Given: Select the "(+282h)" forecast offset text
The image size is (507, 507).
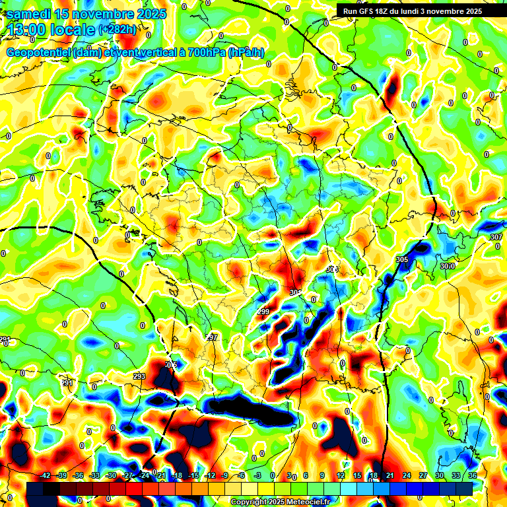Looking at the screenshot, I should coord(118,29).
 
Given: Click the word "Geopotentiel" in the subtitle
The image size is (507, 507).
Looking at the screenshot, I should coord(39,53).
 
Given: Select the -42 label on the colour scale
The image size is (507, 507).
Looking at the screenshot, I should coord(45,476).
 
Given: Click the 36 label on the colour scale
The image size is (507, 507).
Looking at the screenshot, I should coord(472,476).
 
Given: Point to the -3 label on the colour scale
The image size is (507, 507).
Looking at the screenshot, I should coord(257,476).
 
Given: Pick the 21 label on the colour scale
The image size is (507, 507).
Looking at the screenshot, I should coord(390,476).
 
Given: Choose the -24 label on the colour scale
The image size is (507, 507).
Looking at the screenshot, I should coord(145,476).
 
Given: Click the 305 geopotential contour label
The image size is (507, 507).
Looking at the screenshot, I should coord(402,260).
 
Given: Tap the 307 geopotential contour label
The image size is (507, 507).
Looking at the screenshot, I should coord(496,237).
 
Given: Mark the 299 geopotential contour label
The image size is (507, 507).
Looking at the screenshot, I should coord(263,312).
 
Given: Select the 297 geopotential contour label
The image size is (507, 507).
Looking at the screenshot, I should coord(211,337).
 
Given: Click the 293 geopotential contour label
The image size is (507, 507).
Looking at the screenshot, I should coord(139,376).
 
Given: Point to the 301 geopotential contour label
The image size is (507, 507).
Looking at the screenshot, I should coord(295,292).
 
